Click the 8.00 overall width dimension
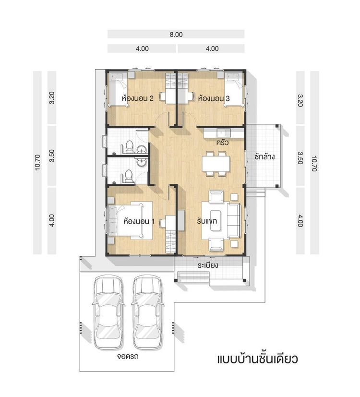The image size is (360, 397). tap(175, 35)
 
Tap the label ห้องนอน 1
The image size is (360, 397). tap(139, 222)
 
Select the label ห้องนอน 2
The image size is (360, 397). tap(138, 98)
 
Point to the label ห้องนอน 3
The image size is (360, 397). tap(214, 98)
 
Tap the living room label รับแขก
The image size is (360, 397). tap(207, 222)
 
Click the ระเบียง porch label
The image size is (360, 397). tap(207, 265)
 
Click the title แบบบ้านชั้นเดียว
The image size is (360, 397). tap(258, 360)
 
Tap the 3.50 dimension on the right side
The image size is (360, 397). tap(300, 157)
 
